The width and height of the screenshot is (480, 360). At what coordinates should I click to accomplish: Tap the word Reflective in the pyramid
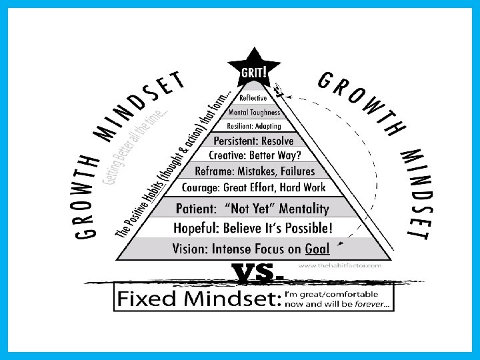[x=253, y=98]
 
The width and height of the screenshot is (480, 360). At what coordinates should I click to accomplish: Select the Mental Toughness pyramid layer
[x=253, y=112]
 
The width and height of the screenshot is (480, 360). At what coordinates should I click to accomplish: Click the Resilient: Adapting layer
[x=254, y=125]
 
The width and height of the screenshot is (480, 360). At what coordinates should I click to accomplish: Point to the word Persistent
[x=236, y=141]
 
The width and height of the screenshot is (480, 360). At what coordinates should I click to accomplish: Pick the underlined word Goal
[x=317, y=249]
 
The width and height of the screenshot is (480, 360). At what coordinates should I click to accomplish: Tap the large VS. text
[x=257, y=272]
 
